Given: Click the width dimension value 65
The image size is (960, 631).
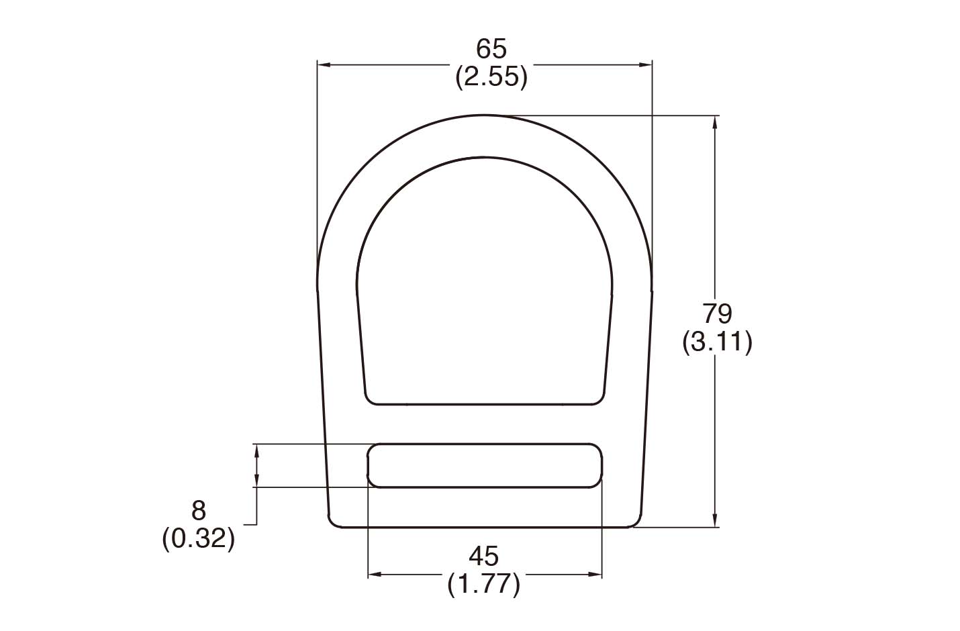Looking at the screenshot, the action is click(x=491, y=49).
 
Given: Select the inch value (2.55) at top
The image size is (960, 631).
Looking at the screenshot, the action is click(x=491, y=78).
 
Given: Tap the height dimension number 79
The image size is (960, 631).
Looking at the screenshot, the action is click(x=717, y=313).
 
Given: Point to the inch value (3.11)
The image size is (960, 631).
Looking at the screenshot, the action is click(x=717, y=342).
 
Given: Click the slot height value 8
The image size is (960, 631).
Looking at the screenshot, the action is click(x=199, y=511).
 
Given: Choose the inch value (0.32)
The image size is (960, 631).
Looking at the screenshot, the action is click(x=199, y=539).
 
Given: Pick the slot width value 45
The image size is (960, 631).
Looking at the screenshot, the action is click(x=484, y=556).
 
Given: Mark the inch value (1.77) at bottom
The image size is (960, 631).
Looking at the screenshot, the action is click(x=484, y=585).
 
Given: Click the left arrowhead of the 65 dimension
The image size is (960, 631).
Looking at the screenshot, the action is click(x=324, y=64).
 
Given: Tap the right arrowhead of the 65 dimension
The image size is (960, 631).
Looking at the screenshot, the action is click(x=645, y=64).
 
